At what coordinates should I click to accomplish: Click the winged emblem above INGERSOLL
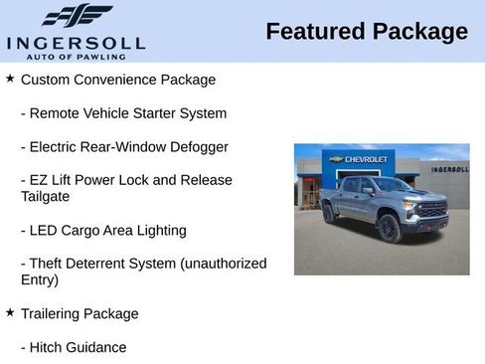click(x=77, y=16)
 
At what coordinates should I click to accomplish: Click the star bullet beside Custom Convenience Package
click(x=10, y=78)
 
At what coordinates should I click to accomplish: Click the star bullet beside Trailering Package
click(x=10, y=312)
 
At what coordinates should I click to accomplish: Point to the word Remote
click(x=57, y=113)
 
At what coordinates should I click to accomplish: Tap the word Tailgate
click(x=45, y=197)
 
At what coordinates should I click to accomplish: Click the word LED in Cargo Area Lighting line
click(x=45, y=231)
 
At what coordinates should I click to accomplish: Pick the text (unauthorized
click(x=224, y=264)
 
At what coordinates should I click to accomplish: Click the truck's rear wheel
click(x=329, y=214)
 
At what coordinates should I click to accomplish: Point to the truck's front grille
click(x=432, y=210)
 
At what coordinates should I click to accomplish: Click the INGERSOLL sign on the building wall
click(x=449, y=169)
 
